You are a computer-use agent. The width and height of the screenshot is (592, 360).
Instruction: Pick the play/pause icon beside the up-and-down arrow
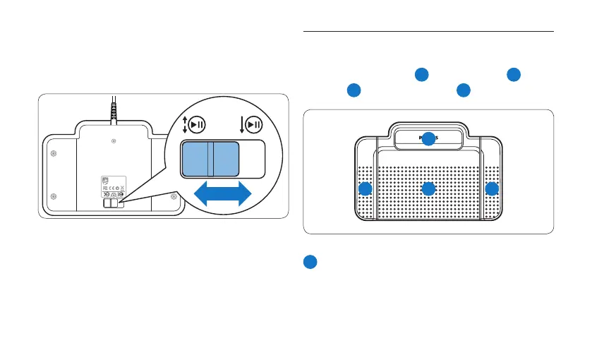click(197, 125)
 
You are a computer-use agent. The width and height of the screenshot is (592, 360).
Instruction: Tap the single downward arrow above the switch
click(241, 125)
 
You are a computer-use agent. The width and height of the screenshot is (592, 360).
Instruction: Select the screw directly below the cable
click(114, 141)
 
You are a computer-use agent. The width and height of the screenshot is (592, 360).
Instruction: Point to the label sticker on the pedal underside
click(114, 186)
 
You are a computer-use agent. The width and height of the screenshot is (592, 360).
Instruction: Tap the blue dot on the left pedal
click(365, 189)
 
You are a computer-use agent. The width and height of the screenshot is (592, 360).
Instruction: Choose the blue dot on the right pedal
click(492, 189)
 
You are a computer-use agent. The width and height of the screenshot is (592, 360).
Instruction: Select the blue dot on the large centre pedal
click(428, 189)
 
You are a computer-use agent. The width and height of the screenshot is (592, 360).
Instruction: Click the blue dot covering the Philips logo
click(428, 139)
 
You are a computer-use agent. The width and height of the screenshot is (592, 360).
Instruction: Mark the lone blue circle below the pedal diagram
click(310, 262)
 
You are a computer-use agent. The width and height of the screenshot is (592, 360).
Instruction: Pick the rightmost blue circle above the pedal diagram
click(514, 74)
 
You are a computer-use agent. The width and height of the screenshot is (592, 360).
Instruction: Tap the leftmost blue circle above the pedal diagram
click(354, 90)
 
